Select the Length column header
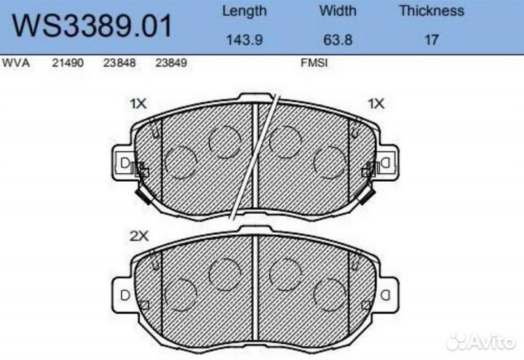pos(244,11)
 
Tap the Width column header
pos(337,11)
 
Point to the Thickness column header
pos(431,11)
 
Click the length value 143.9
pos(244,39)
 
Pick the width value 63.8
pos(337,39)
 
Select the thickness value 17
pos(431,39)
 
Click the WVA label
pos(16,63)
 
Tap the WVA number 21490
pos(68,63)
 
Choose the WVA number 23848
pos(120,63)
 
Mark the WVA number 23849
pos(172,63)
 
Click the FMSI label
pos(314,63)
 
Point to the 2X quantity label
pos(138,236)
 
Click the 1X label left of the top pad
pos(138,104)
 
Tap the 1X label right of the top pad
pos(376,104)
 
